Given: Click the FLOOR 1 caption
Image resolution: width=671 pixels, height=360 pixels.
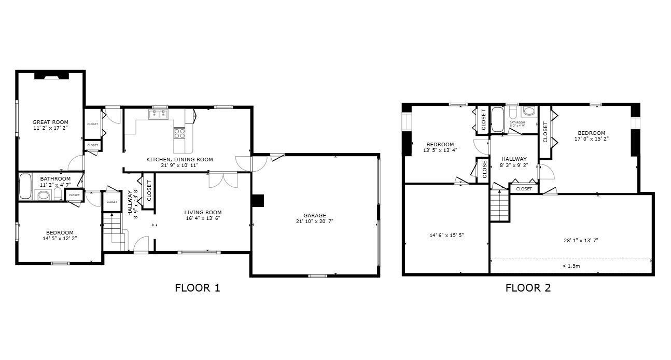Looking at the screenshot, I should click(197, 288).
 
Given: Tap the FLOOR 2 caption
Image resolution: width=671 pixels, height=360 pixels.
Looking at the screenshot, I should click(528, 288).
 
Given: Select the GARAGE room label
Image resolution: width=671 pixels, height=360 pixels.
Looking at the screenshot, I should click(315, 215).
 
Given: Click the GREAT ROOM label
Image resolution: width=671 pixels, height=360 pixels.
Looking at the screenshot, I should click(51, 122).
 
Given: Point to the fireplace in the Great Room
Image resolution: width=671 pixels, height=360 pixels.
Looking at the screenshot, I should click(51, 76).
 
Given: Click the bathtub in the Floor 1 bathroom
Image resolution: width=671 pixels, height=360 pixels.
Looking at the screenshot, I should click(25, 187).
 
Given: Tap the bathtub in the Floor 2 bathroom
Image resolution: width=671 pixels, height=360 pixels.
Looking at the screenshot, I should click(497, 120).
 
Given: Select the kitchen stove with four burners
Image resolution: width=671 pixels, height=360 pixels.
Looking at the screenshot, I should click(179, 133).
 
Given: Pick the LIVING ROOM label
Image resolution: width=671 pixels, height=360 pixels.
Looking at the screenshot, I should click(203, 212).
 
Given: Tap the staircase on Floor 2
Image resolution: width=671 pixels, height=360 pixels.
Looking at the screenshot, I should click(499, 205).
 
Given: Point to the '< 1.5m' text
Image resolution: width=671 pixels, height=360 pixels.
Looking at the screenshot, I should click(571, 266).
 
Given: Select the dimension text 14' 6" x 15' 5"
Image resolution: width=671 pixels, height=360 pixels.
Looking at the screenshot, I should click(446, 235).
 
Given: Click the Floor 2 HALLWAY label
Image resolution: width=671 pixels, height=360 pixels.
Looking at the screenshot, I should click(514, 159).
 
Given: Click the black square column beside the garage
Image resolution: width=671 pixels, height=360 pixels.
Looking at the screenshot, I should click(258, 201).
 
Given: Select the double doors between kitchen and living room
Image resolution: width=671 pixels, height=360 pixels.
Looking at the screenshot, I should click(223, 179).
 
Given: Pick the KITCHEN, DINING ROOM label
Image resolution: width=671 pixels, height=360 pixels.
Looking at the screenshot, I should click(179, 160).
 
